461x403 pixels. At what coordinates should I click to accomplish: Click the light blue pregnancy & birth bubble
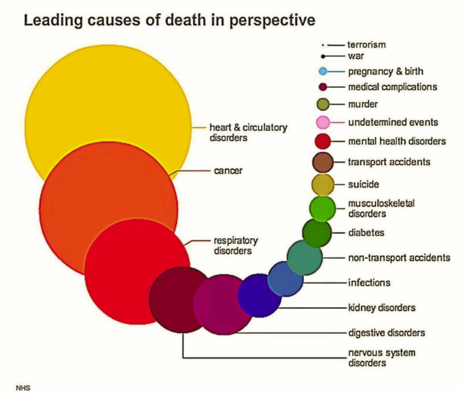323,71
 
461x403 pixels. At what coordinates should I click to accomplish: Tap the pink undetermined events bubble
323,122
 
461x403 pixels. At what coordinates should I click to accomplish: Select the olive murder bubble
323,104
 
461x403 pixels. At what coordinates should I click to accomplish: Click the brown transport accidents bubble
323,162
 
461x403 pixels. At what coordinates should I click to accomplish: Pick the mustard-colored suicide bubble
323,185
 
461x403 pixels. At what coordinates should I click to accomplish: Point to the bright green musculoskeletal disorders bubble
321,209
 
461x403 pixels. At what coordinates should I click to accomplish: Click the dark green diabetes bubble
316,232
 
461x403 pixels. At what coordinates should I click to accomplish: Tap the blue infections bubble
285,279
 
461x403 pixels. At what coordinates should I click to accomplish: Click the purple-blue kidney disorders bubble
259,295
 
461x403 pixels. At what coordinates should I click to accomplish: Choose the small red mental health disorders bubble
323,141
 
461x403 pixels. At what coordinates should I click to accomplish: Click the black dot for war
324,56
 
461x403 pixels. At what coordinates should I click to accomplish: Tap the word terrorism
367,45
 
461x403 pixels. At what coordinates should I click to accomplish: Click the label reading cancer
228,171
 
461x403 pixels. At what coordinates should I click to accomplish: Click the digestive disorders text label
386,332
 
